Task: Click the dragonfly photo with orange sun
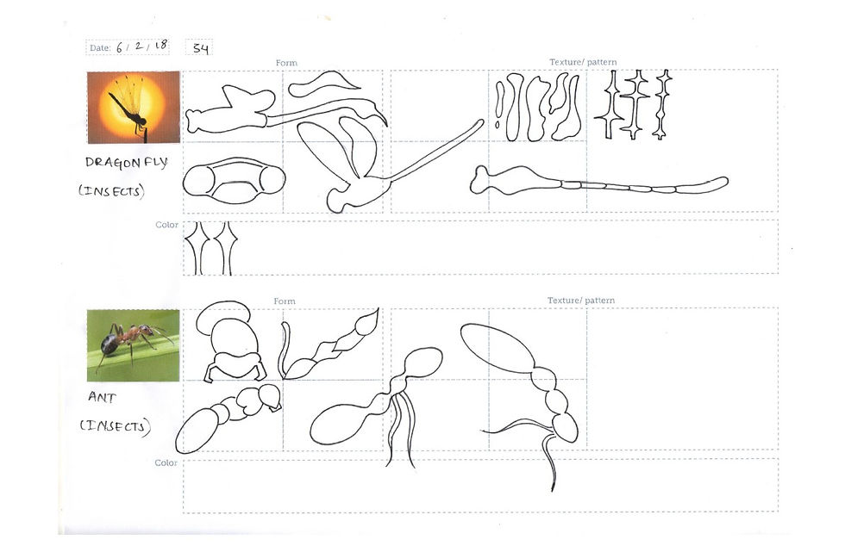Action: click(133, 107)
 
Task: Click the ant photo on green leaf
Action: click(133, 345)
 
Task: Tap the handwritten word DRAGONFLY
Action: click(126, 163)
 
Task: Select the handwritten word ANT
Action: click(102, 398)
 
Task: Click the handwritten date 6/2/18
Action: click(141, 47)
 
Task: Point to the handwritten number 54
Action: click(200, 48)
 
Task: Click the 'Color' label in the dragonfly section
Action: click(166, 225)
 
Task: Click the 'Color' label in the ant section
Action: click(166, 463)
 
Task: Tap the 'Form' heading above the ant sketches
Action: click(285, 301)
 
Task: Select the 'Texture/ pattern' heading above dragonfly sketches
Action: click(582, 63)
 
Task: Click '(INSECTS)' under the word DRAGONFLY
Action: click(111, 191)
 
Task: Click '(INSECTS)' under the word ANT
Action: click(115, 425)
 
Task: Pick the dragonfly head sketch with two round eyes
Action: click(234, 180)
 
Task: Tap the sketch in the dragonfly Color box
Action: click(210, 248)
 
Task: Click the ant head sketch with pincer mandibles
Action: click(228, 345)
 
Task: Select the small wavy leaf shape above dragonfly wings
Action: click(323, 84)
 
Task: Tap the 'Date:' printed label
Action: click(100, 48)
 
